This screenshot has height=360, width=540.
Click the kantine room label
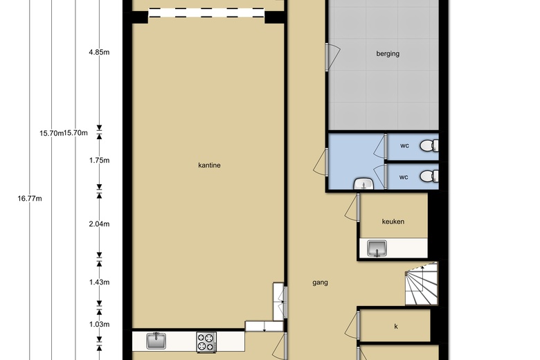point(209,165)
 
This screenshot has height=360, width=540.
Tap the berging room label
point(388,54)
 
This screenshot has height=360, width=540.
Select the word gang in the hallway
point(320,282)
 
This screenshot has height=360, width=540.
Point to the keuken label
point(393,222)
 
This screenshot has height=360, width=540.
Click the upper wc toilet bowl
point(429,145)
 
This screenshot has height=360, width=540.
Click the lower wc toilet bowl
point(429,176)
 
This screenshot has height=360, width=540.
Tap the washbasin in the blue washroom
point(363,184)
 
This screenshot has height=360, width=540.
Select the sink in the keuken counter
point(377,248)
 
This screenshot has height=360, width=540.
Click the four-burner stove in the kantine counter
point(206,342)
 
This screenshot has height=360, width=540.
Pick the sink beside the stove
point(156,341)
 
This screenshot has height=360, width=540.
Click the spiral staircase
point(421,284)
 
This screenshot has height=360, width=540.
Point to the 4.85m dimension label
point(99,53)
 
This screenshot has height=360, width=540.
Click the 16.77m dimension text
point(30,199)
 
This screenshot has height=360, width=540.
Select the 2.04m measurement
point(99,224)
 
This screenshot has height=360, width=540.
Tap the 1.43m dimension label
point(99,282)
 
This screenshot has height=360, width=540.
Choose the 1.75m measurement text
point(99,160)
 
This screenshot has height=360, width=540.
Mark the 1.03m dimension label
point(99,324)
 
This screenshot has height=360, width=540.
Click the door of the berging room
point(332,57)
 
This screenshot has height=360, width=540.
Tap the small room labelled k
point(395,325)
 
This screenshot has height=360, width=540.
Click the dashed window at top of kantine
point(206,13)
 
